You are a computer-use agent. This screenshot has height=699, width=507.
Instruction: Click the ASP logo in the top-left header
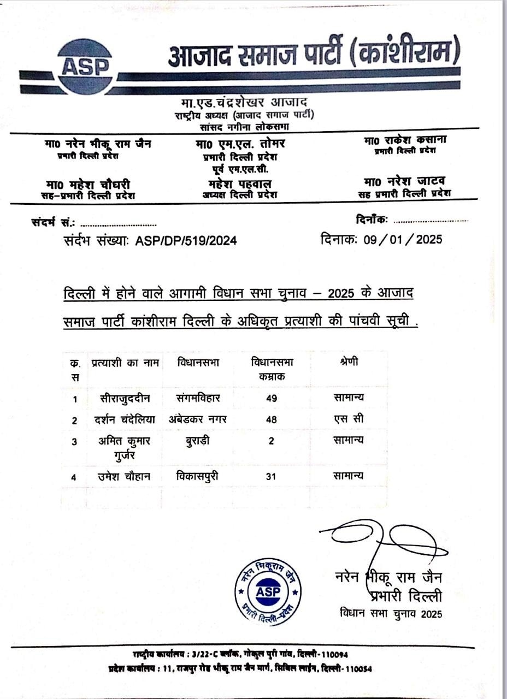click(x=85, y=65)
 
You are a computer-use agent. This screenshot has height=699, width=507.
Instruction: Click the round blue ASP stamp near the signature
click(x=268, y=591)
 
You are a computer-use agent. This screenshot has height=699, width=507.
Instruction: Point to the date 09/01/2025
click(x=403, y=239)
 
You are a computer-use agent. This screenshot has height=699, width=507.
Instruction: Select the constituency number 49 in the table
click(x=272, y=398)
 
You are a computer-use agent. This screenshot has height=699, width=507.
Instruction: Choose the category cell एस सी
click(x=349, y=419)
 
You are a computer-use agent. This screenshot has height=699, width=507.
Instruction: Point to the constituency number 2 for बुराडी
click(x=271, y=441)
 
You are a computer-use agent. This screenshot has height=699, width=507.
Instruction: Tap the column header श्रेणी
click(x=349, y=362)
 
